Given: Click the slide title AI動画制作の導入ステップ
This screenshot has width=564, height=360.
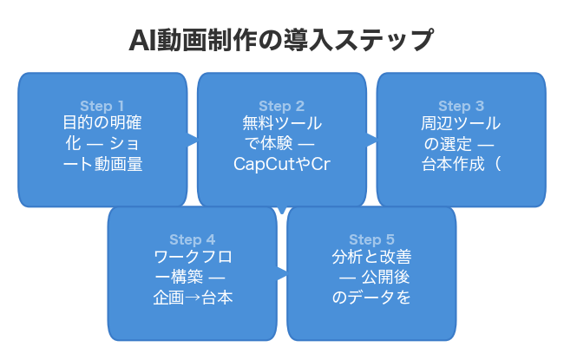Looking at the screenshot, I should pyautogui.click(x=281, y=41).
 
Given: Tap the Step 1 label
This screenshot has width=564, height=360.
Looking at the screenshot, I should pyautogui.click(x=102, y=107).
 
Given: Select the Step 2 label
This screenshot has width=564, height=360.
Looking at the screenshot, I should pyautogui.click(x=281, y=107).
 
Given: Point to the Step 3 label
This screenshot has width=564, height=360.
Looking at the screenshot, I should pyautogui.click(x=461, y=107).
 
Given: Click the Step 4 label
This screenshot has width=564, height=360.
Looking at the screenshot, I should pyautogui.click(x=192, y=239).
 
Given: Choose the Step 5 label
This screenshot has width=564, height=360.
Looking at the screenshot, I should pyautogui.click(x=371, y=239).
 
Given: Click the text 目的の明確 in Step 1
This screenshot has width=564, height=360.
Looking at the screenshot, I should pyautogui.click(x=102, y=124).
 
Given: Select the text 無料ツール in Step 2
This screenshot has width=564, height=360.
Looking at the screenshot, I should pyautogui.click(x=281, y=124).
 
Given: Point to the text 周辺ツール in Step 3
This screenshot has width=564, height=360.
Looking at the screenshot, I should pyautogui.click(x=461, y=124).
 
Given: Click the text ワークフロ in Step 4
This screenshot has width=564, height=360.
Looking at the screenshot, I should pyautogui.click(x=192, y=258).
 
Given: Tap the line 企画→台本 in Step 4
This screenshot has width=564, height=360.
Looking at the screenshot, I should pyautogui.click(x=192, y=297).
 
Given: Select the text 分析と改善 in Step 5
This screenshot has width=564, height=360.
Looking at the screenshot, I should pyautogui.click(x=371, y=258).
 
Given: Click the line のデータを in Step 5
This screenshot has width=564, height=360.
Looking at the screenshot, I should pyautogui.click(x=371, y=297).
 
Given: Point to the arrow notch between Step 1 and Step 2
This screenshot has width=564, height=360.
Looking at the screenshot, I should pyautogui.click(x=192, y=138).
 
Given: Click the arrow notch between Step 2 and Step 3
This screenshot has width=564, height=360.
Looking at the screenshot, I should pyautogui.click(x=371, y=138).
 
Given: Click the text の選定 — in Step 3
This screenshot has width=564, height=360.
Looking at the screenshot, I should pyautogui.click(x=461, y=144).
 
